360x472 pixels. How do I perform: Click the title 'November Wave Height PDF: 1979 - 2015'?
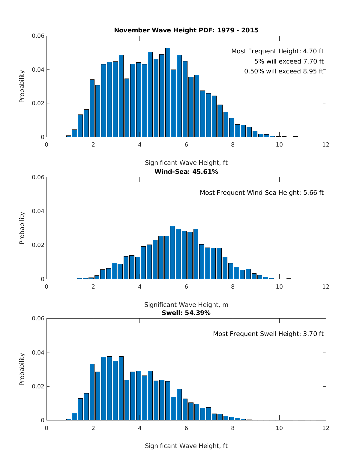(186, 30)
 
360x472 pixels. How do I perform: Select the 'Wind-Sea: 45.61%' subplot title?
(186, 172)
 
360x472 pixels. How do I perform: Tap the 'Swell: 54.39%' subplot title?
(186, 313)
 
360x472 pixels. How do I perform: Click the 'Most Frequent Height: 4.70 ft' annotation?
(277, 51)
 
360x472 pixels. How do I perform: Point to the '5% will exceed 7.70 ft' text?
(289, 61)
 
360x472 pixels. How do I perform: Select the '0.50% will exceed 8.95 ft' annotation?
(284, 71)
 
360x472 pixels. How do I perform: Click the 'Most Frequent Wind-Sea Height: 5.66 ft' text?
(262, 193)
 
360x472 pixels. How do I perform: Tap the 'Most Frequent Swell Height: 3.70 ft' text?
(268, 334)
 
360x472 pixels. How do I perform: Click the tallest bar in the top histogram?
(168, 92)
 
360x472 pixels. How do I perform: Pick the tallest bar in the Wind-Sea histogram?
(172, 252)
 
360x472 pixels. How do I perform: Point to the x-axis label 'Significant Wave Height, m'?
(186, 305)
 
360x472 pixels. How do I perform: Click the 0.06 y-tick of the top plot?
(38, 36)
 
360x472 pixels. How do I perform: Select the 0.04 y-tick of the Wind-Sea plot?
(38, 211)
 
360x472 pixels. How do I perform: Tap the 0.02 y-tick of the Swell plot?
(38, 386)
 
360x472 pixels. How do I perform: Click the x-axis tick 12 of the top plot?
(325, 145)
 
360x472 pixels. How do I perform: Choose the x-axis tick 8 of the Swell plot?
(233, 428)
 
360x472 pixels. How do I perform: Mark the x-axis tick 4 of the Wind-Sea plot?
(140, 286)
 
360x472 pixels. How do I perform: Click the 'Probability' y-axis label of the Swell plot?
(22, 369)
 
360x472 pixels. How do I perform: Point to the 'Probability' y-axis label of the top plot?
(22, 86)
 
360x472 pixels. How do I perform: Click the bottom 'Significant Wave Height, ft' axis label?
(186, 446)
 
